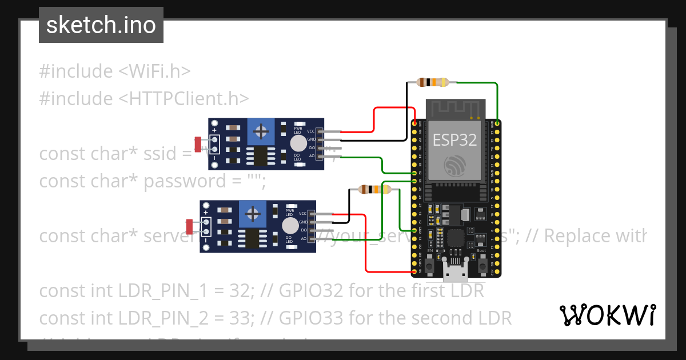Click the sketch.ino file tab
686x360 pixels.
[x=101, y=25]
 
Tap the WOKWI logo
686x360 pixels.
[x=607, y=315]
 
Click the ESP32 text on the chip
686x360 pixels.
[x=454, y=140]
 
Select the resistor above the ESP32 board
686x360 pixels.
[x=433, y=82]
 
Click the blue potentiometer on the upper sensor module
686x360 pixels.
[x=261, y=132]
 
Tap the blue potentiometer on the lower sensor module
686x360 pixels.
[x=253, y=214]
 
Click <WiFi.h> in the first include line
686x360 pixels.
[x=154, y=71]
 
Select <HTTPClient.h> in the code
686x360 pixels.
[x=184, y=99]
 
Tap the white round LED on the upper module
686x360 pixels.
[x=298, y=143]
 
